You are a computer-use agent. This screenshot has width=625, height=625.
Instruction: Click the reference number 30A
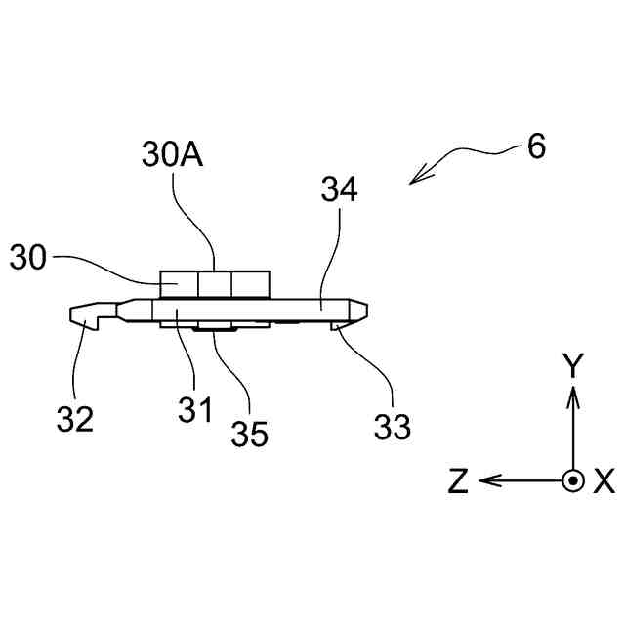pyautogui.click(x=171, y=154)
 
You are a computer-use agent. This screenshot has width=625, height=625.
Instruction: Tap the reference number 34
pyautogui.click(x=339, y=188)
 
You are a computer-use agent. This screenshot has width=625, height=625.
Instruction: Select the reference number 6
pyautogui.click(x=536, y=147)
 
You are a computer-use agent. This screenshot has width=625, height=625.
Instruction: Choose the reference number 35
pyautogui.click(x=249, y=433)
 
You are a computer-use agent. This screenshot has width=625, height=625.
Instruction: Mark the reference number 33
pyautogui.click(x=392, y=425)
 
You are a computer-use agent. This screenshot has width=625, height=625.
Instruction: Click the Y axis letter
pyautogui.click(x=573, y=366)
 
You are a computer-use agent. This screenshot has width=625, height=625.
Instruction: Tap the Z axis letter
pyautogui.click(x=458, y=481)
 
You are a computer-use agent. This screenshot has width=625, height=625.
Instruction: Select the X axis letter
pyautogui.click(x=604, y=481)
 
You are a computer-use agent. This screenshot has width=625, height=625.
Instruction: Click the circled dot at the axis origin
pyautogui.click(x=573, y=480)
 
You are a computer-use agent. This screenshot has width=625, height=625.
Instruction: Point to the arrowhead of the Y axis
pyautogui.click(x=573, y=393)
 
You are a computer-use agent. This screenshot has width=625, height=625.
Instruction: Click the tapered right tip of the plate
pyautogui.click(x=361, y=308)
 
